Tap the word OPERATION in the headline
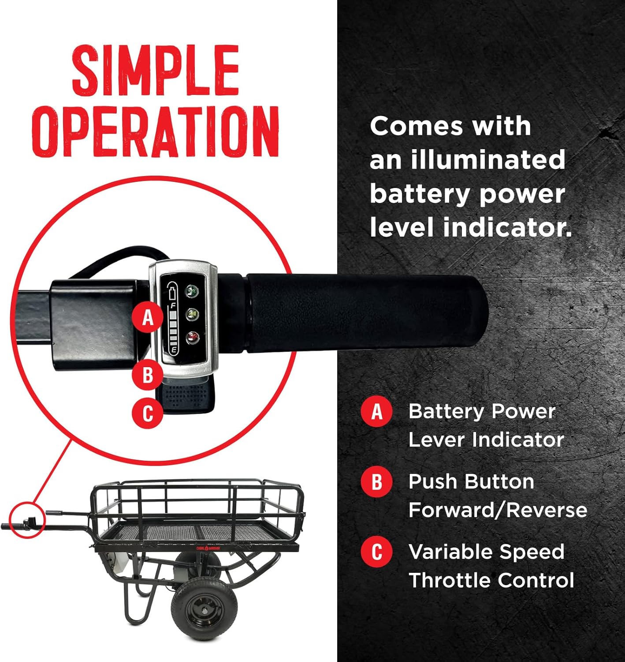click(156, 131)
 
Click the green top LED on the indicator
click(192, 290)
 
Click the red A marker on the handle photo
click(148, 317)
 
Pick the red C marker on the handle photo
click(148, 413)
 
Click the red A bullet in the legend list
click(376, 411)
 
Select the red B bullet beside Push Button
click(376, 481)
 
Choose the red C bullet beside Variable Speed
click(376, 552)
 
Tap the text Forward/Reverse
click(498, 510)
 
